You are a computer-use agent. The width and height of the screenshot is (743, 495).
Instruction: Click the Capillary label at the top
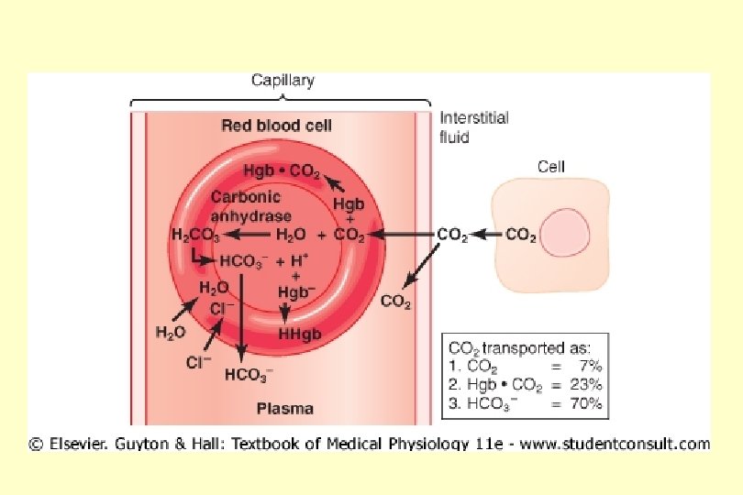(x=283, y=81)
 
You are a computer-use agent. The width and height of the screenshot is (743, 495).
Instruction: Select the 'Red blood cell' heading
(x=276, y=126)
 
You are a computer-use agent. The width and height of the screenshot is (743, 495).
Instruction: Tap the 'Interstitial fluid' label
(x=473, y=127)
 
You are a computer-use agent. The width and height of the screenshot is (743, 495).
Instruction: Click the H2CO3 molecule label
(x=192, y=236)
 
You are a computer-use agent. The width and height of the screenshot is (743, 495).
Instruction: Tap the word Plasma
(x=284, y=408)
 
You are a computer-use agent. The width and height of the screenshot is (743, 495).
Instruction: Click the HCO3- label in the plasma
(x=247, y=375)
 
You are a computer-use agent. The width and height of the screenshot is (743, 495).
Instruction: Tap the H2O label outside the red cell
(x=170, y=334)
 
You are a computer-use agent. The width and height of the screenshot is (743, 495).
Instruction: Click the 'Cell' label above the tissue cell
(x=550, y=167)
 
